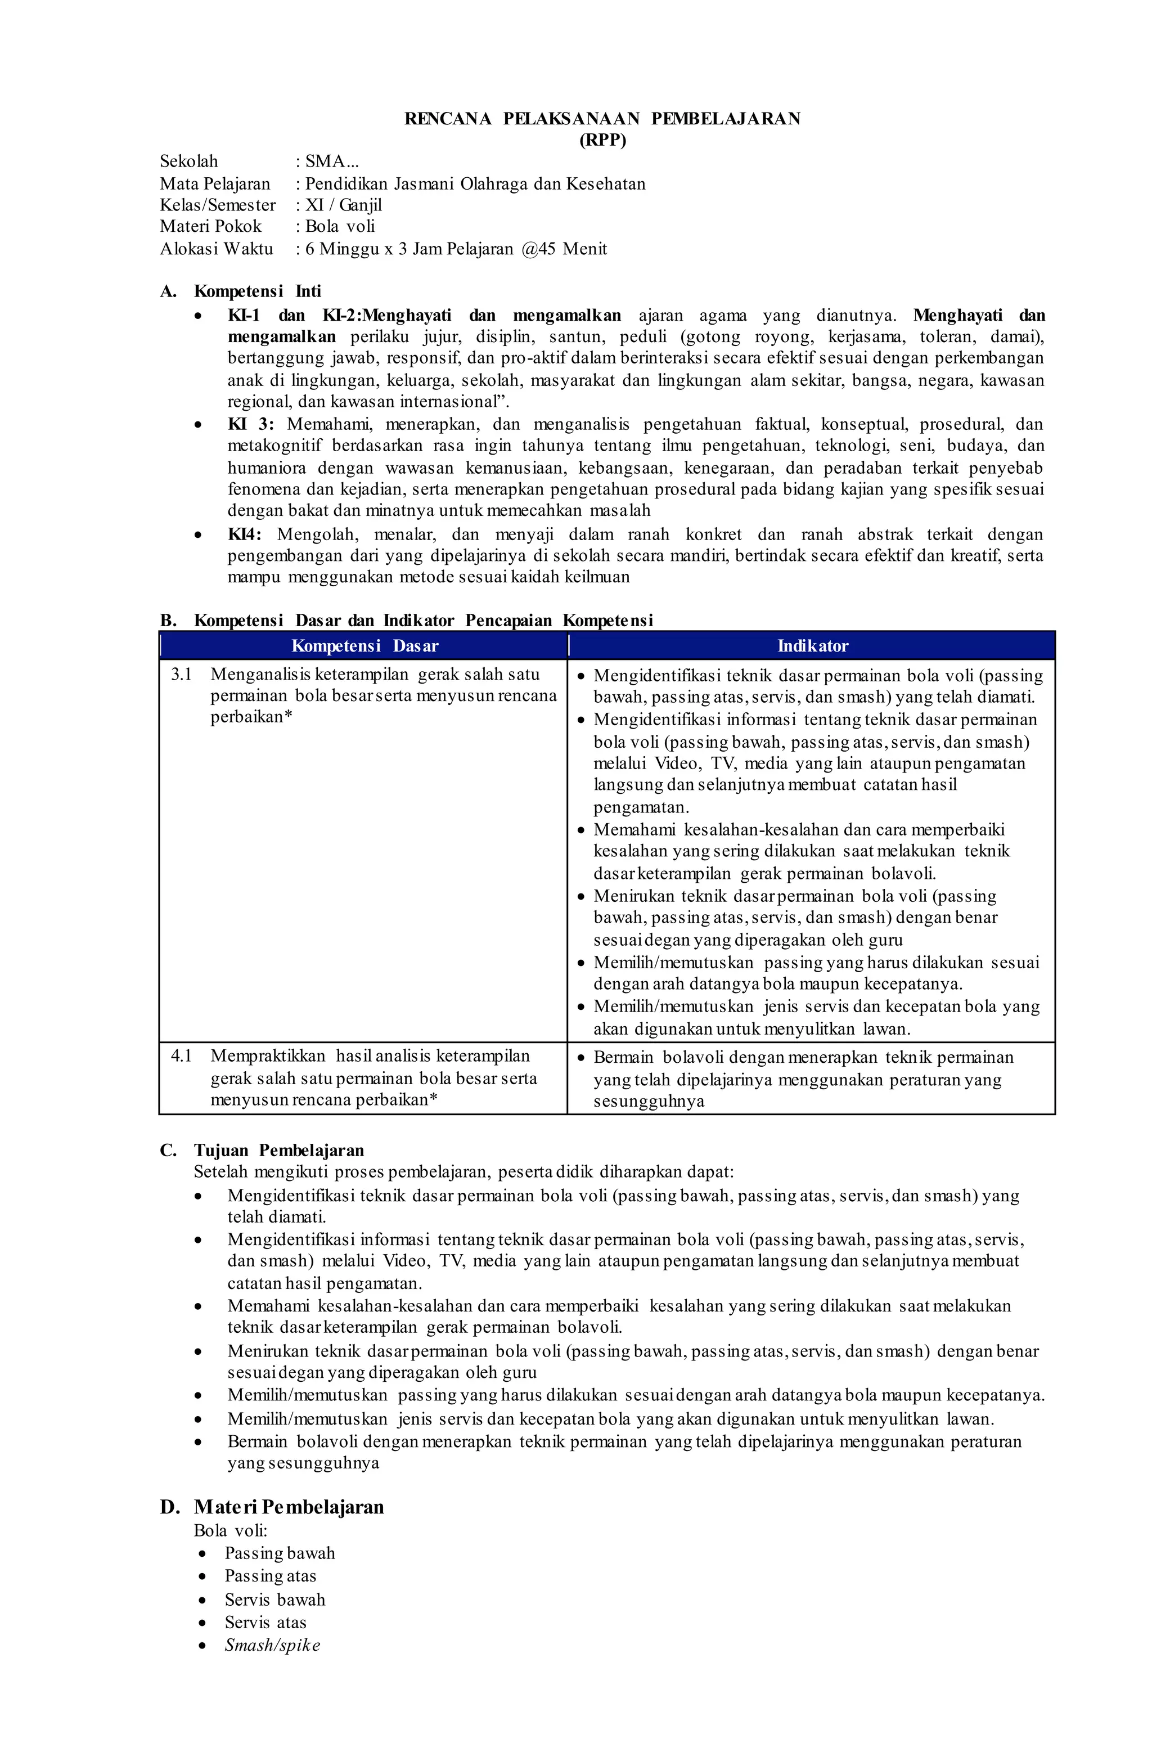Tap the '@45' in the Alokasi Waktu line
pos(538,249)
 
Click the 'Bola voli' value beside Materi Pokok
pos(340,226)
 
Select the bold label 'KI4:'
pos(244,534)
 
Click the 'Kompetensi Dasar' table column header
pos(364,645)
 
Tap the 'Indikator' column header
pos(812,645)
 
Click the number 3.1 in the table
pos(181,674)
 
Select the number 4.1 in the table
pos(181,1056)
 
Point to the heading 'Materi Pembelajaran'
pos(289,1507)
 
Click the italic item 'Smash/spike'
pos(272,1645)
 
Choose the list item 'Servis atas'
pos(265,1622)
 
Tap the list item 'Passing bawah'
pos(280,1553)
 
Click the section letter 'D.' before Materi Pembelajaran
pos(169,1507)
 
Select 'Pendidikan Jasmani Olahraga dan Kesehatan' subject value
pos(475,183)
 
